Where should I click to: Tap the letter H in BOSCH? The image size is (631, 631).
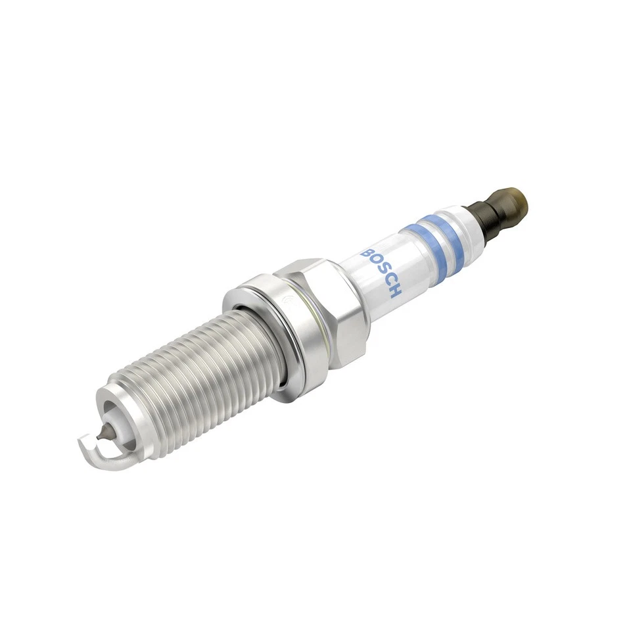[x=393, y=290]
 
